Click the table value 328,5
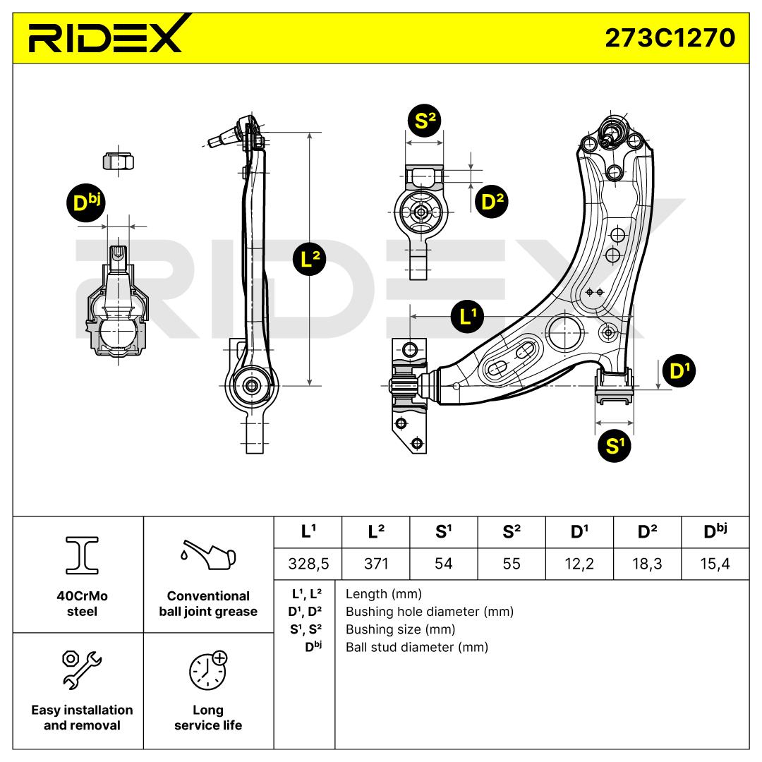[307, 564]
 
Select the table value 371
[375, 564]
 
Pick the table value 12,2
[579, 564]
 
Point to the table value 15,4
[715, 564]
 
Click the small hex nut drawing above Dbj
[118, 161]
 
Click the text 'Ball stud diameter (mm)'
[416, 647]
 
